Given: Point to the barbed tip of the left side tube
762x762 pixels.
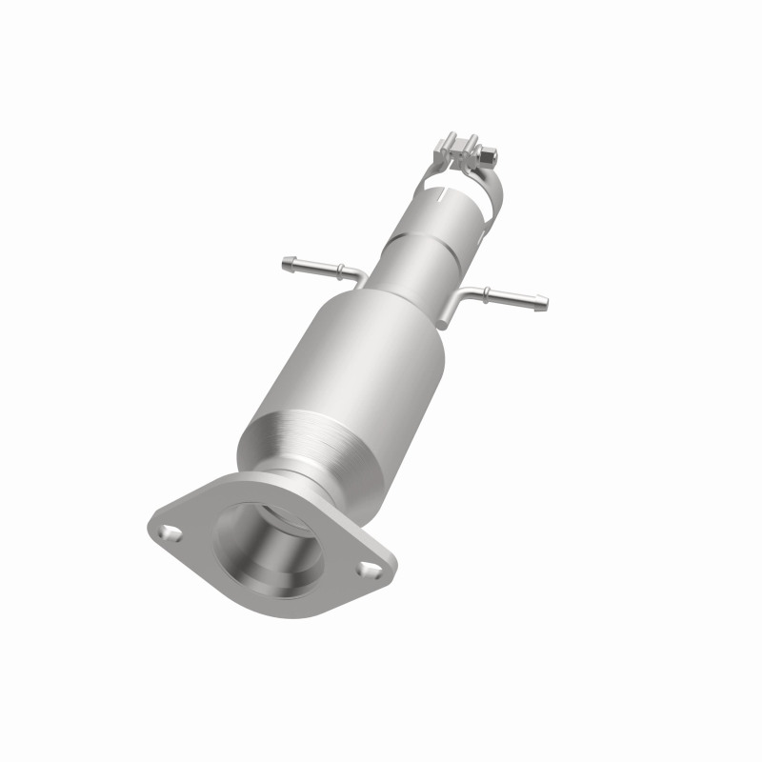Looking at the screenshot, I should coord(289,260).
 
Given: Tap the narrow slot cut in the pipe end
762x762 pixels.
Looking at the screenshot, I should coord(440,198).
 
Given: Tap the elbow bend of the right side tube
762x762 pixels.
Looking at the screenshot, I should coord(466,296).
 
